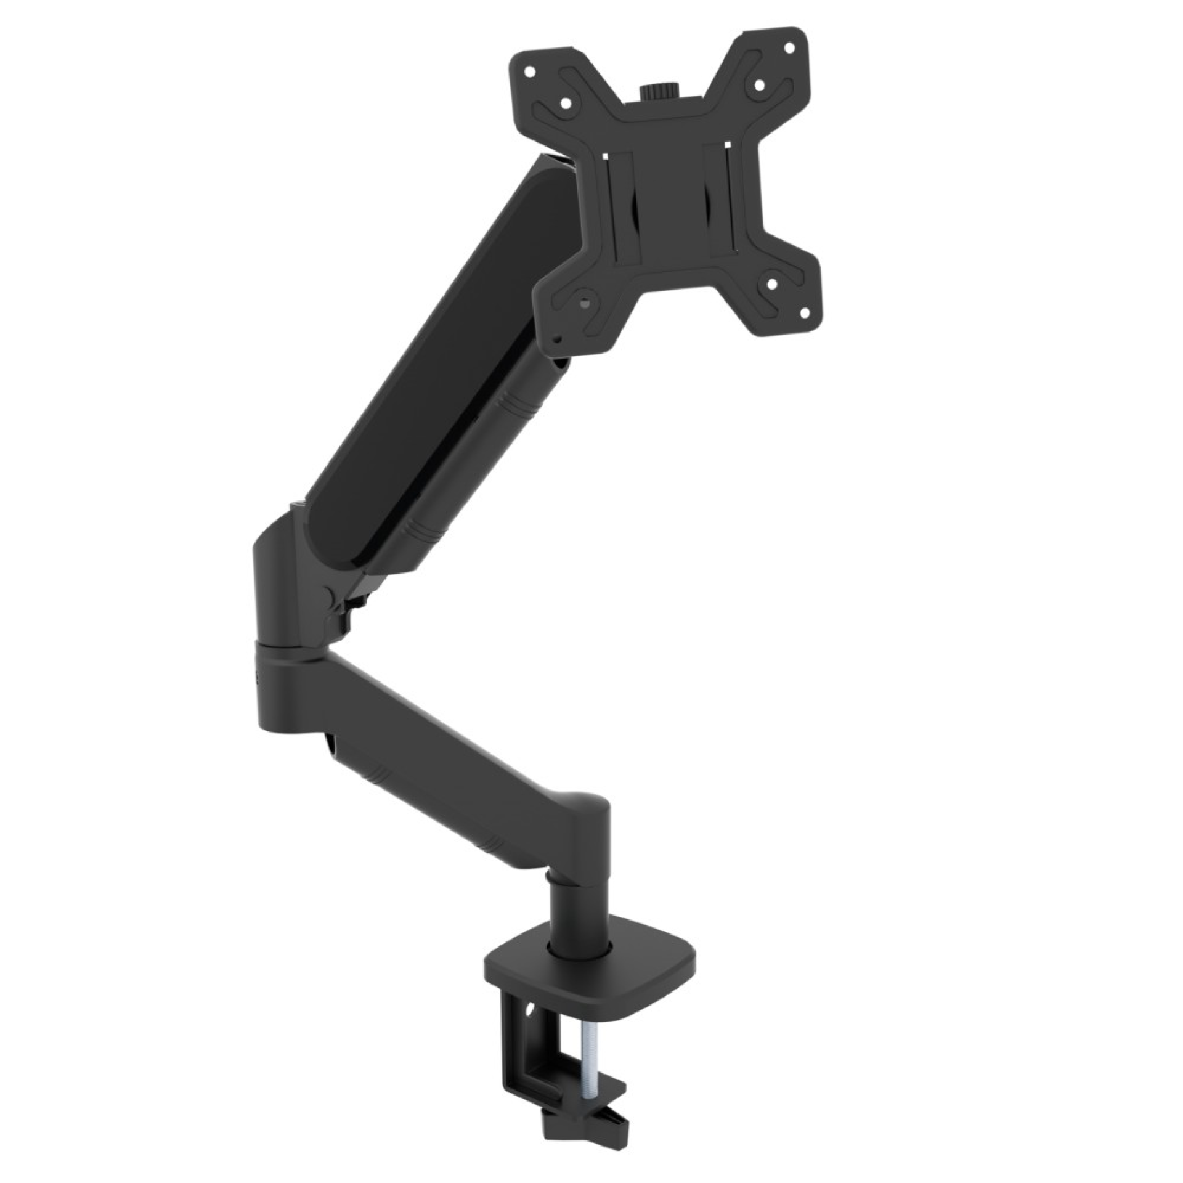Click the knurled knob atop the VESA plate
(655, 92)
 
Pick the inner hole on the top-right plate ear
(760, 85)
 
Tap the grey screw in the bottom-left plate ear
(583, 303)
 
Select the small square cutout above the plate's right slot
(730, 145)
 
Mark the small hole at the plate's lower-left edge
(557, 338)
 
